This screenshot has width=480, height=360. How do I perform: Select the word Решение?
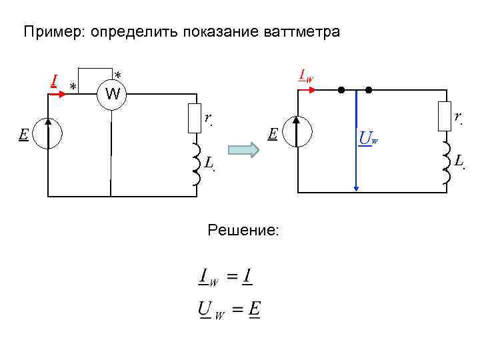point(243,231)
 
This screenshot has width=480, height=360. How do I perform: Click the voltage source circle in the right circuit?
point(297,131)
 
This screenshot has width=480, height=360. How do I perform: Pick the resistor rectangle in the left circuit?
point(196,117)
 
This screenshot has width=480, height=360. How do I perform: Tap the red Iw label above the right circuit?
point(306,76)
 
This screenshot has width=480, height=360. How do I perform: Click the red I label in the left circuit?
point(53,81)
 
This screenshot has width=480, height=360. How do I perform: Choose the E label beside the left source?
point(23,134)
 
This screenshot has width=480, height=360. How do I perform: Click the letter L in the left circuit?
point(209,162)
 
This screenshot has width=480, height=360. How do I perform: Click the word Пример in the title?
point(45,32)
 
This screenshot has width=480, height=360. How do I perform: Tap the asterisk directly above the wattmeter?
point(117,75)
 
